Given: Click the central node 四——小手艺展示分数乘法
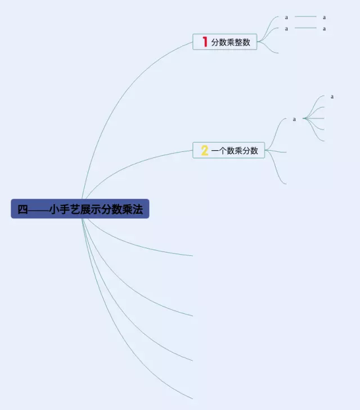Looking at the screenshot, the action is coord(80,209).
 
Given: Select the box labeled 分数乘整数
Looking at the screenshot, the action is coord(225,42).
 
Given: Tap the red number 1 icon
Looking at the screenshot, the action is coord(205,42).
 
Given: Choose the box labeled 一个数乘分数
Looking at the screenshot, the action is coord(229,150).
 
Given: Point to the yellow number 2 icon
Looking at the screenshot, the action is coord(205,150).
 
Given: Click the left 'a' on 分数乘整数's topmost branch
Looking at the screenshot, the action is coord(286,17).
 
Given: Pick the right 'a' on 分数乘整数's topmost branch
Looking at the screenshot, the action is coord(325,17).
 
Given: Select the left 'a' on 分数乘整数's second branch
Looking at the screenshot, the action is coord(286,29).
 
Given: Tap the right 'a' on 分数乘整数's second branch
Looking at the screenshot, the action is coord(325,29).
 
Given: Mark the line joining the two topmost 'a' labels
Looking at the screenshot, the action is coord(305,17).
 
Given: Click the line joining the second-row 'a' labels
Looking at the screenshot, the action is coord(305,28).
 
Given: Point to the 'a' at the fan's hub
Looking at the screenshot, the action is coord(294,119).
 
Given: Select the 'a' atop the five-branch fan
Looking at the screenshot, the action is coord(332,97).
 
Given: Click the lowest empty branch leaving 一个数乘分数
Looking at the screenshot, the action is coord(278,174).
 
